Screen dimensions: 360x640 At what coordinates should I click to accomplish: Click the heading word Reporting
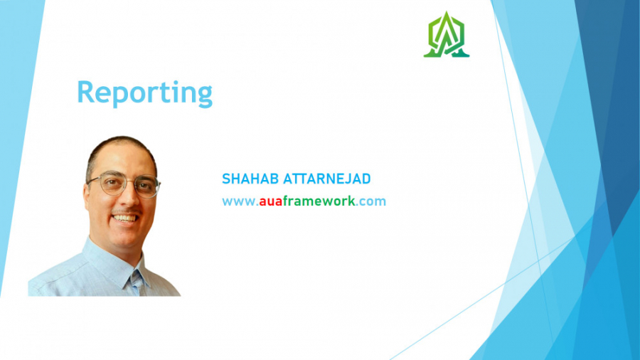point(144,93)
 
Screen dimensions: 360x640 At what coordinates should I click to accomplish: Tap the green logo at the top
point(447,35)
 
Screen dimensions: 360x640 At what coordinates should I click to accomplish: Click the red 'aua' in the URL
point(270,201)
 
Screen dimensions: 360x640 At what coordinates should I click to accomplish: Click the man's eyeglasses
point(124,185)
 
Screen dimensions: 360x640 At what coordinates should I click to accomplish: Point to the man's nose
point(127,199)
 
